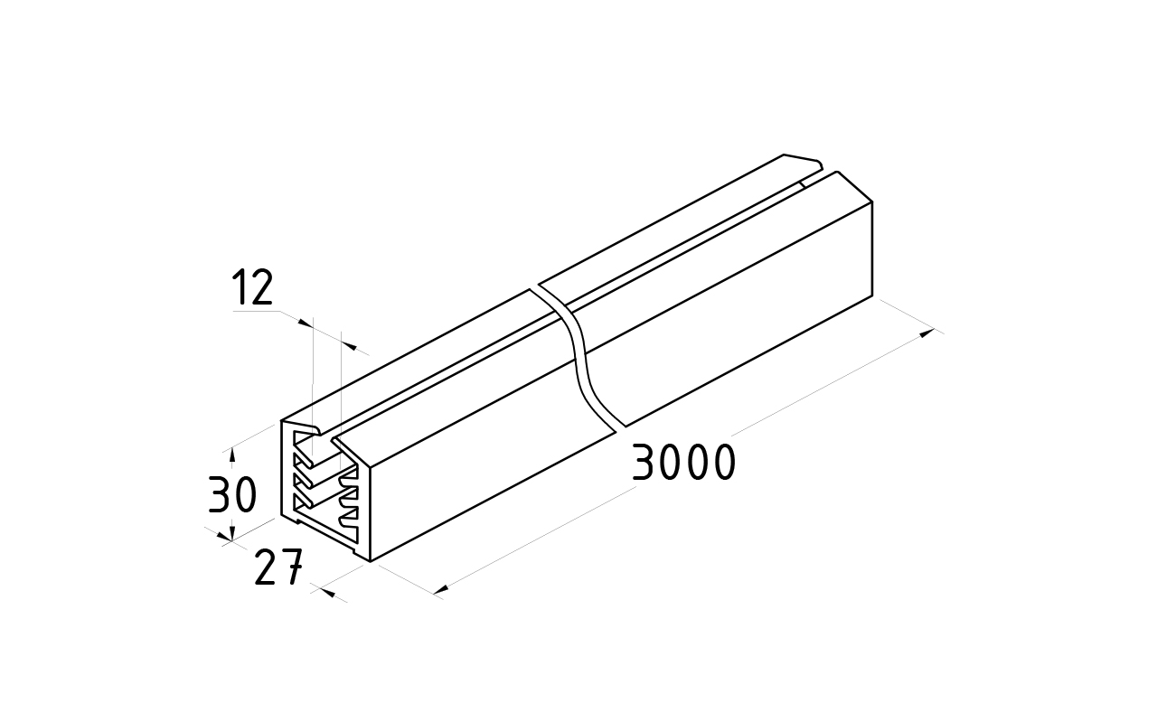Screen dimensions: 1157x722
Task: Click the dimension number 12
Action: pyautogui.click(x=253, y=287)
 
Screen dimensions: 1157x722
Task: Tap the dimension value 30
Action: pyautogui.click(x=232, y=495)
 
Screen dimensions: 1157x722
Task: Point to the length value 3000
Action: pyautogui.click(x=682, y=462)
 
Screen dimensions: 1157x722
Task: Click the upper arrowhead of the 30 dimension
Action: pyautogui.click(x=232, y=455)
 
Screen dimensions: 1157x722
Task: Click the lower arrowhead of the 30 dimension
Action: pyautogui.click(x=232, y=533)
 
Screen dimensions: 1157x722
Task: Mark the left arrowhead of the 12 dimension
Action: pyautogui.click(x=306, y=323)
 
